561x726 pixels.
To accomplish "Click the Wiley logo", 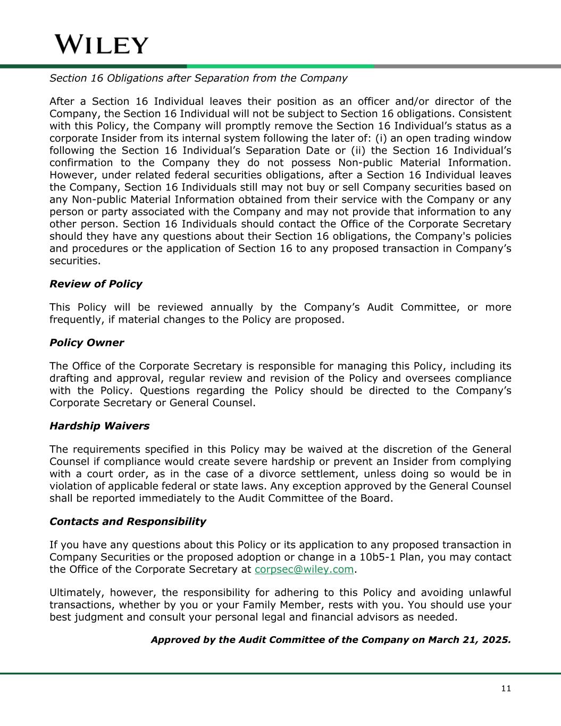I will (102, 45).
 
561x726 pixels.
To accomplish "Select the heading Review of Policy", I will (96, 284).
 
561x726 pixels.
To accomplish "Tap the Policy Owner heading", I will (87, 343).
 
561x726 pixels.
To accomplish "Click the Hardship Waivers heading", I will (99, 426).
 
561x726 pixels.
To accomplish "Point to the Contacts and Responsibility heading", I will (128, 522).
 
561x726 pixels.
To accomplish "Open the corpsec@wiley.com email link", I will (304, 570).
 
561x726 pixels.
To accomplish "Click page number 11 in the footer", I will (506, 689).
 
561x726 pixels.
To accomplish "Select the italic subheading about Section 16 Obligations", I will (198, 78).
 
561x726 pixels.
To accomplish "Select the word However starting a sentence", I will (74, 175).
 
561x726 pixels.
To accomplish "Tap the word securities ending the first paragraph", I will (74, 261).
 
